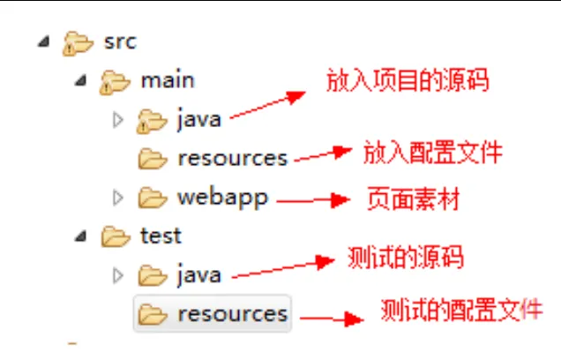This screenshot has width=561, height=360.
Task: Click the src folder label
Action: point(120,41)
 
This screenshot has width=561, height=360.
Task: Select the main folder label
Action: point(168,80)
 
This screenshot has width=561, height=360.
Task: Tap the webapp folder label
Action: point(222,197)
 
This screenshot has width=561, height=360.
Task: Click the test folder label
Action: point(161,236)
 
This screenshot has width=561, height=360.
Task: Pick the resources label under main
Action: point(232,158)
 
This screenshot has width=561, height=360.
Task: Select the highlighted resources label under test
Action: point(232,313)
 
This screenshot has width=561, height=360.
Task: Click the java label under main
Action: point(198,119)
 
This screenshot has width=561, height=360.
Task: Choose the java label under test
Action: point(198,274)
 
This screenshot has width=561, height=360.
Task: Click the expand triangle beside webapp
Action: point(118,198)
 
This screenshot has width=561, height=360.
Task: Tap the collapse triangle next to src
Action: point(42,41)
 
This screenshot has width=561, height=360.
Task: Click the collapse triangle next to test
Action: point(80,236)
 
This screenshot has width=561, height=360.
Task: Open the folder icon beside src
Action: point(78,42)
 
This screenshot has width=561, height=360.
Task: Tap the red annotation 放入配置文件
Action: point(432,152)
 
